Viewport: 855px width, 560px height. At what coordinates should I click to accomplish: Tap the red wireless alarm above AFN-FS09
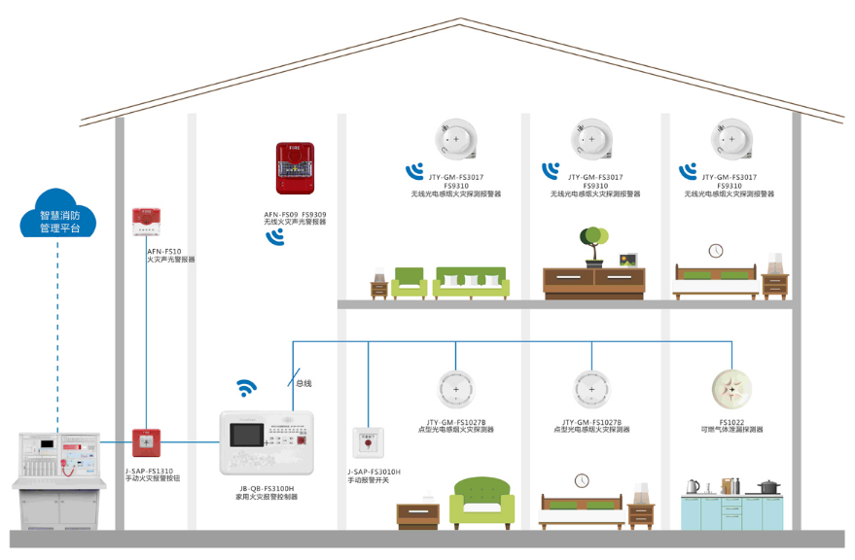(x=295, y=167)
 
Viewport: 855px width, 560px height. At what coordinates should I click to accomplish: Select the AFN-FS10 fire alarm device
(x=147, y=222)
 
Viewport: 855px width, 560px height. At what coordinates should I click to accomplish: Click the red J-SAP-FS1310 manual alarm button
(x=146, y=442)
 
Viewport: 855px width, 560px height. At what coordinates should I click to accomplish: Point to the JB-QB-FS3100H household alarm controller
(x=267, y=442)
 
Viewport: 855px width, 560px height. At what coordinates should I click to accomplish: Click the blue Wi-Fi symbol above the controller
(x=248, y=388)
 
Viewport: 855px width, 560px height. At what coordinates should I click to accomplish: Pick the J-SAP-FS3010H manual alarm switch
(x=367, y=442)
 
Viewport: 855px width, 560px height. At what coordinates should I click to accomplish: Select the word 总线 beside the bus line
(x=304, y=384)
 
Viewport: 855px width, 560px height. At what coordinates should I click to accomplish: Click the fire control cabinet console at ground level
(x=61, y=472)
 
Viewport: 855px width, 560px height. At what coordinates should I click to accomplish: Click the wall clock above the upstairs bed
(x=716, y=251)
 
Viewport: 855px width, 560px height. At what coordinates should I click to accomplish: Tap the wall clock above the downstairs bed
(x=582, y=480)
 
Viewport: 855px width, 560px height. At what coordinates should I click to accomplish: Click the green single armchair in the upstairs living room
(x=409, y=281)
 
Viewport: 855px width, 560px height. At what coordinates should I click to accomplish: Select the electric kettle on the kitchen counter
(x=693, y=486)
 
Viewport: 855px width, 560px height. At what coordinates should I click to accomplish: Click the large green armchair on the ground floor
(x=481, y=503)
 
